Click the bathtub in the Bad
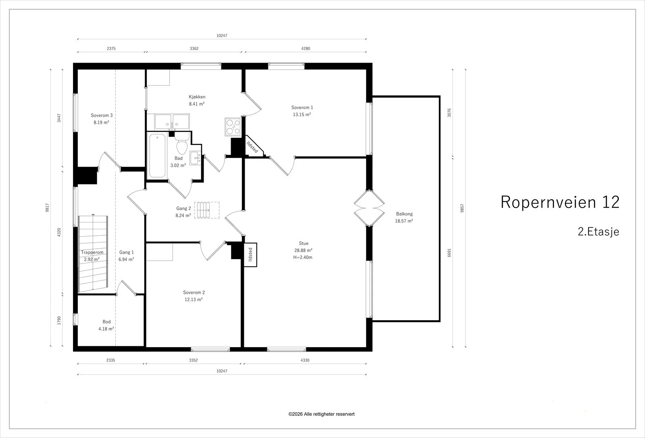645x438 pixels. coord(157,156)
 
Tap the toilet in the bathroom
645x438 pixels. coord(182,144)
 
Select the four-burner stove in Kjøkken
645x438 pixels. coord(233,127)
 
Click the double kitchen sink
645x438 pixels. coord(172,122)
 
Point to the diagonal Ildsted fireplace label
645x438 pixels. coord(252,147)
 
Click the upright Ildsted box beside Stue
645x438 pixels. coord(250,255)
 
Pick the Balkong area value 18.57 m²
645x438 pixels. coord(404,221)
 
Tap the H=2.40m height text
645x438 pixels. coord(303,257)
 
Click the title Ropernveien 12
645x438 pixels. coord(560,202)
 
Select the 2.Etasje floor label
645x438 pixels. coord(598,232)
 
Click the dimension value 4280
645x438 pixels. coord(306,48)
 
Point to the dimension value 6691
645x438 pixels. coord(449,253)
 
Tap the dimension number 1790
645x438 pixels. coord(59,321)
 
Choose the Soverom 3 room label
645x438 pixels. coord(102,115)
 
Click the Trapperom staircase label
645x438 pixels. coord(92,252)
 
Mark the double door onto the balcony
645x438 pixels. coord(369,208)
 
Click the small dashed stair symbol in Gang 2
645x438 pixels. coord(207,210)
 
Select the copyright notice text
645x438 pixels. coord(321,414)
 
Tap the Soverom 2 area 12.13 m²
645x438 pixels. coord(193,300)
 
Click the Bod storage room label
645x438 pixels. coord(106,322)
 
